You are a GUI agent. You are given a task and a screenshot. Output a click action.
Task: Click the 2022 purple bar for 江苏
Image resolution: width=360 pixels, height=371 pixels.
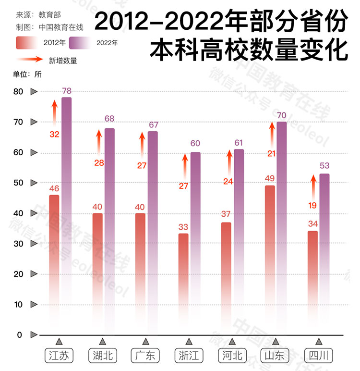click(x=66, y=211)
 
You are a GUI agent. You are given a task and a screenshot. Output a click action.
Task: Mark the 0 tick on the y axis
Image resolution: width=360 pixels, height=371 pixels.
click(x=20, y=335)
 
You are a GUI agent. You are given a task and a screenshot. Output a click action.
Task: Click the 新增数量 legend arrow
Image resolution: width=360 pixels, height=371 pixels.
click(x=31, y=60)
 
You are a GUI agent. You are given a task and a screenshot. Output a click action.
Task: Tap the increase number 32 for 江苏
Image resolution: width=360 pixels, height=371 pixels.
click(x=54, y=134)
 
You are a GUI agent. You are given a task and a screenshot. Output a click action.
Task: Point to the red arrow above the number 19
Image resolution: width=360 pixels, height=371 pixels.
click(x=313, y=187)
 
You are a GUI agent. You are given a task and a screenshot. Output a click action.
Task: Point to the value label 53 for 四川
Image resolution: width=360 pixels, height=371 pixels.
click(x=324, y=166)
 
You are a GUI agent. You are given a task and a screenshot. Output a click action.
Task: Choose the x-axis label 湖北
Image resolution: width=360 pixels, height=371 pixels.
click(x=102, y=356)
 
